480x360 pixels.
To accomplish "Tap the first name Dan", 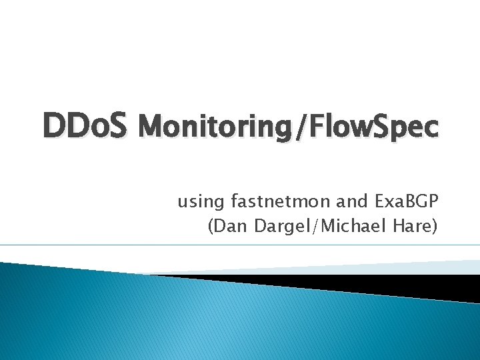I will (231, 227).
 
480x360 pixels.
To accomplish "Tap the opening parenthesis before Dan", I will (212, 227).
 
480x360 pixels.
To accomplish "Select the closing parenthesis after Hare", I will (435, 227).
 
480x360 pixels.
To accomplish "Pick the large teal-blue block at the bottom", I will (200, 320).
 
